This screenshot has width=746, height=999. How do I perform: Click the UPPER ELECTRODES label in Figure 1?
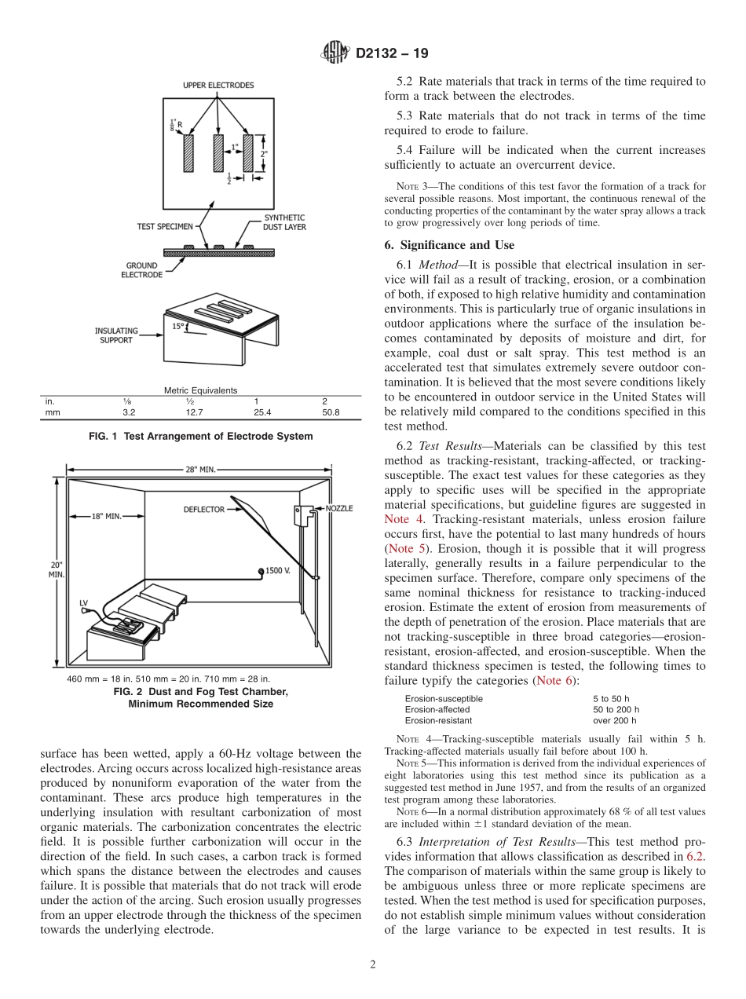pyautogui.click(x=218, y=85)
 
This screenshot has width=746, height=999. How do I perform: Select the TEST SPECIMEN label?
pyautogui.click(x=165, y=226)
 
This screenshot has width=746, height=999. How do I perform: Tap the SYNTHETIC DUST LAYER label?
pyautogui.click(x=284, y=222)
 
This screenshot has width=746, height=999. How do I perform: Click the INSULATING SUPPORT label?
pyautogui.click(x=117, y=335)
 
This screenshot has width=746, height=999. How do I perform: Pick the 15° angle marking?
pyautogui.click(x=180, y=325)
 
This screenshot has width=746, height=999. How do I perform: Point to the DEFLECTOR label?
pyautogui.click(x=204, y=509)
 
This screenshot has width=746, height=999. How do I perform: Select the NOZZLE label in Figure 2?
pyautogui.click(x=338, y=508)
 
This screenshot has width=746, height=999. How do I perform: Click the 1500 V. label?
pyautogui.click(x=278, y=570)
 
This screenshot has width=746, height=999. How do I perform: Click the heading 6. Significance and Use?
pyautogui.click(x=449, y=245)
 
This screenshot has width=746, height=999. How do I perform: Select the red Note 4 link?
pyautogui.click(x=397, y=519)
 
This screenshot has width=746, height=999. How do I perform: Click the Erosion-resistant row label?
pyautogui.click(x=438, y=720)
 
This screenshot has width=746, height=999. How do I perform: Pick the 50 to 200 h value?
pyautogui.click(x=616, y=709)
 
